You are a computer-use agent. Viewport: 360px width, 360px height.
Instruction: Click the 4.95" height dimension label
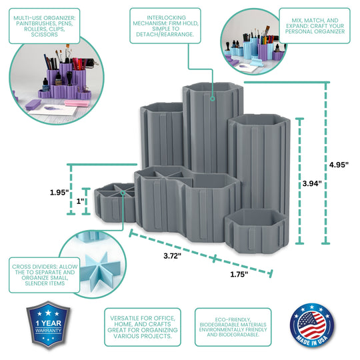339,165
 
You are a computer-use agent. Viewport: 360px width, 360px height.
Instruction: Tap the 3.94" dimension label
312,183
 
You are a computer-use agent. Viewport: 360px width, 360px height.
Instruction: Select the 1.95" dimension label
59,192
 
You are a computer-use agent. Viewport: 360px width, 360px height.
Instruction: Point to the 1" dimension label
80,201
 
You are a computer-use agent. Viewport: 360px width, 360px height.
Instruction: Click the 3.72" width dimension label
172,255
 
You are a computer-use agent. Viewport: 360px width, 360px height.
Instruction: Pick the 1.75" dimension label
239,274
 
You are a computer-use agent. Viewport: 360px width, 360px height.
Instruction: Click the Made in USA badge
312,325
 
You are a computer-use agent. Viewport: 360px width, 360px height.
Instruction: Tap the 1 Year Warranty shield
48,324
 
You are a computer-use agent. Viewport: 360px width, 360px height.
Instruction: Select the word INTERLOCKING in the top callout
167,18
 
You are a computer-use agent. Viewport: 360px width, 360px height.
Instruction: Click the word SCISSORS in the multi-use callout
44,35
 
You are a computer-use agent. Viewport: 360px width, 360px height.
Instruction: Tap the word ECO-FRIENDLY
233,319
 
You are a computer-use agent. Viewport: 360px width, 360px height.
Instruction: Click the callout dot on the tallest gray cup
213,99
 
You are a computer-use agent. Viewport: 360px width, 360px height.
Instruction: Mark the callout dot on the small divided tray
123,193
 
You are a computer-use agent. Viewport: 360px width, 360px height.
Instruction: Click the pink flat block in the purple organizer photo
77,103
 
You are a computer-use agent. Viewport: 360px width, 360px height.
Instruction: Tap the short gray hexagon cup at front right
257,231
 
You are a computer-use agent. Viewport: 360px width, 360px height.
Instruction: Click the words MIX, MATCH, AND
315,20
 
